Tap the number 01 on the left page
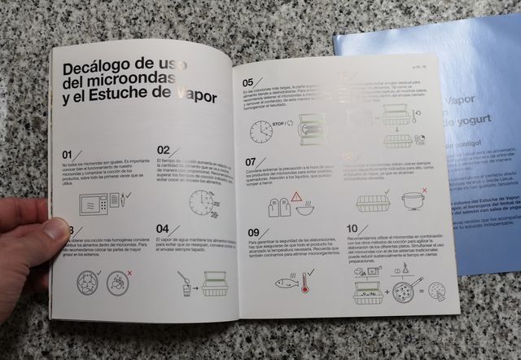pos(72,154)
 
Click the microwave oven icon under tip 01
pos(98,204)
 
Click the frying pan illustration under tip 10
pos(405,288)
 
